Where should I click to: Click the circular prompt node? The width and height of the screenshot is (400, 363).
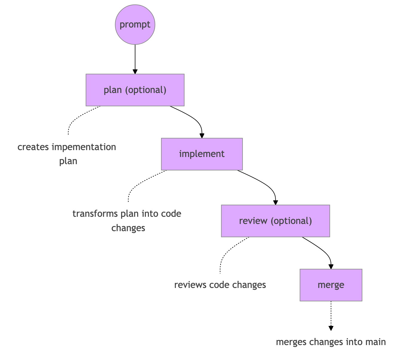(135, 25)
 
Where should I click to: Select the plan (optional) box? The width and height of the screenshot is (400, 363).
(135, 90)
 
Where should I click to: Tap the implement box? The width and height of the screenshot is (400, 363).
(202, 154)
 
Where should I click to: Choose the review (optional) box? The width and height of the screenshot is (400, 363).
(275, 221)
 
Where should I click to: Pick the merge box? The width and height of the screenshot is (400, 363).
(331, 285)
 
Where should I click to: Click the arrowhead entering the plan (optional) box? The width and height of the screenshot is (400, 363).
(135, 72)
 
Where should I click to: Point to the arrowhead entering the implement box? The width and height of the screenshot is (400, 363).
(202, 136)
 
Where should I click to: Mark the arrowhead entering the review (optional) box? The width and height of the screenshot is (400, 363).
(276, 203)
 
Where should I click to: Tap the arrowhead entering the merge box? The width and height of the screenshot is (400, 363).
(331, 267)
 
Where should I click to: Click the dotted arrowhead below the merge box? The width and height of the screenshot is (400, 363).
(331, 328)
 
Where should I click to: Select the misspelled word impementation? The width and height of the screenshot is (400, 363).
(84, 147)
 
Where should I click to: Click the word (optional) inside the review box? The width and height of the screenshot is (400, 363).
(291, 221)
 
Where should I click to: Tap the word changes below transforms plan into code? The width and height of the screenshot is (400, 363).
(128, 228)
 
